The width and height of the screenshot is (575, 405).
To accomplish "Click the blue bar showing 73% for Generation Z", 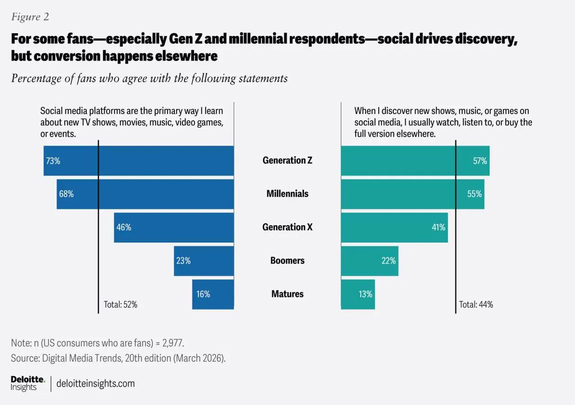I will pos(138,161).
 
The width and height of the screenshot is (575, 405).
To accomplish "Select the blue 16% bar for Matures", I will pos(213,294).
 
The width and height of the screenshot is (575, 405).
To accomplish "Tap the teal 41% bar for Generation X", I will pos(394,227).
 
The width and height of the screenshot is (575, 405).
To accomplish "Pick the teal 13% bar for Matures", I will pos(358,294).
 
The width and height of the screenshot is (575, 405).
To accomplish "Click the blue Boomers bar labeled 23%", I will pos(204,261).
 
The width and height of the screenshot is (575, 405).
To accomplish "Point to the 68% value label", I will pos(66,194).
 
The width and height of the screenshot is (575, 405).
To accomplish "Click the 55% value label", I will pos(474,194).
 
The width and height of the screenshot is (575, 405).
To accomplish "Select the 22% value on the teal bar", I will pos(389,261).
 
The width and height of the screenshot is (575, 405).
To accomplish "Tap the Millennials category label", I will pos(287,194).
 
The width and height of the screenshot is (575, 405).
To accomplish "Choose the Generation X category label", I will pos(287,227).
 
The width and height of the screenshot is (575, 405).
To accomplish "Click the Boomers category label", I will pos(287,261).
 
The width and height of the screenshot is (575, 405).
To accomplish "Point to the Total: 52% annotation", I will pos(120,305).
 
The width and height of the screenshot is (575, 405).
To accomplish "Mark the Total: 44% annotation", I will pos(476,305).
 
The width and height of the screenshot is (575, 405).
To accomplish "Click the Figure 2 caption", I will pos(30,17).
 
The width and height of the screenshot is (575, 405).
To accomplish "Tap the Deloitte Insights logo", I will pos(28,383).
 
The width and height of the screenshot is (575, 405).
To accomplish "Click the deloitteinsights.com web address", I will pos(96,383).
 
